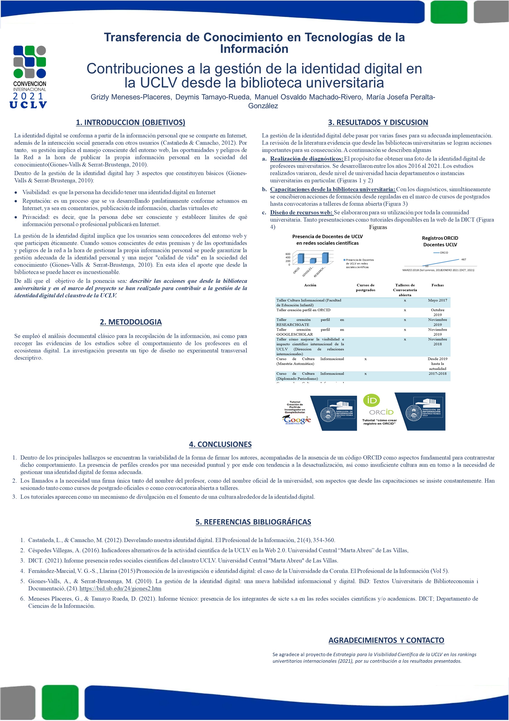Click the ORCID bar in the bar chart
(x=301, y=259)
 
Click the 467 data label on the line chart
(x=463, y=259)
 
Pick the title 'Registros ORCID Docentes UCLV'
(x=440, y=241)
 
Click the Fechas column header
(x=437, y=285)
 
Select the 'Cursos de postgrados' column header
(x=365, y=287)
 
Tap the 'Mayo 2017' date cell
(x=437, y=300)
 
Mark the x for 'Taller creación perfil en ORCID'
(x=405, y=310)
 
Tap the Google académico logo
(x=297, y=420)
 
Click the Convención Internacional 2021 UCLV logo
(x=29, y=77)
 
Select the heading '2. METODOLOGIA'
(x=131, y=322)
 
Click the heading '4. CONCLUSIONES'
(x=220, y=444)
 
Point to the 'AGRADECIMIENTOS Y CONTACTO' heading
(x=386, y=640)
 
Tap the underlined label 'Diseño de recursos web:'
(x=301, y=213)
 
